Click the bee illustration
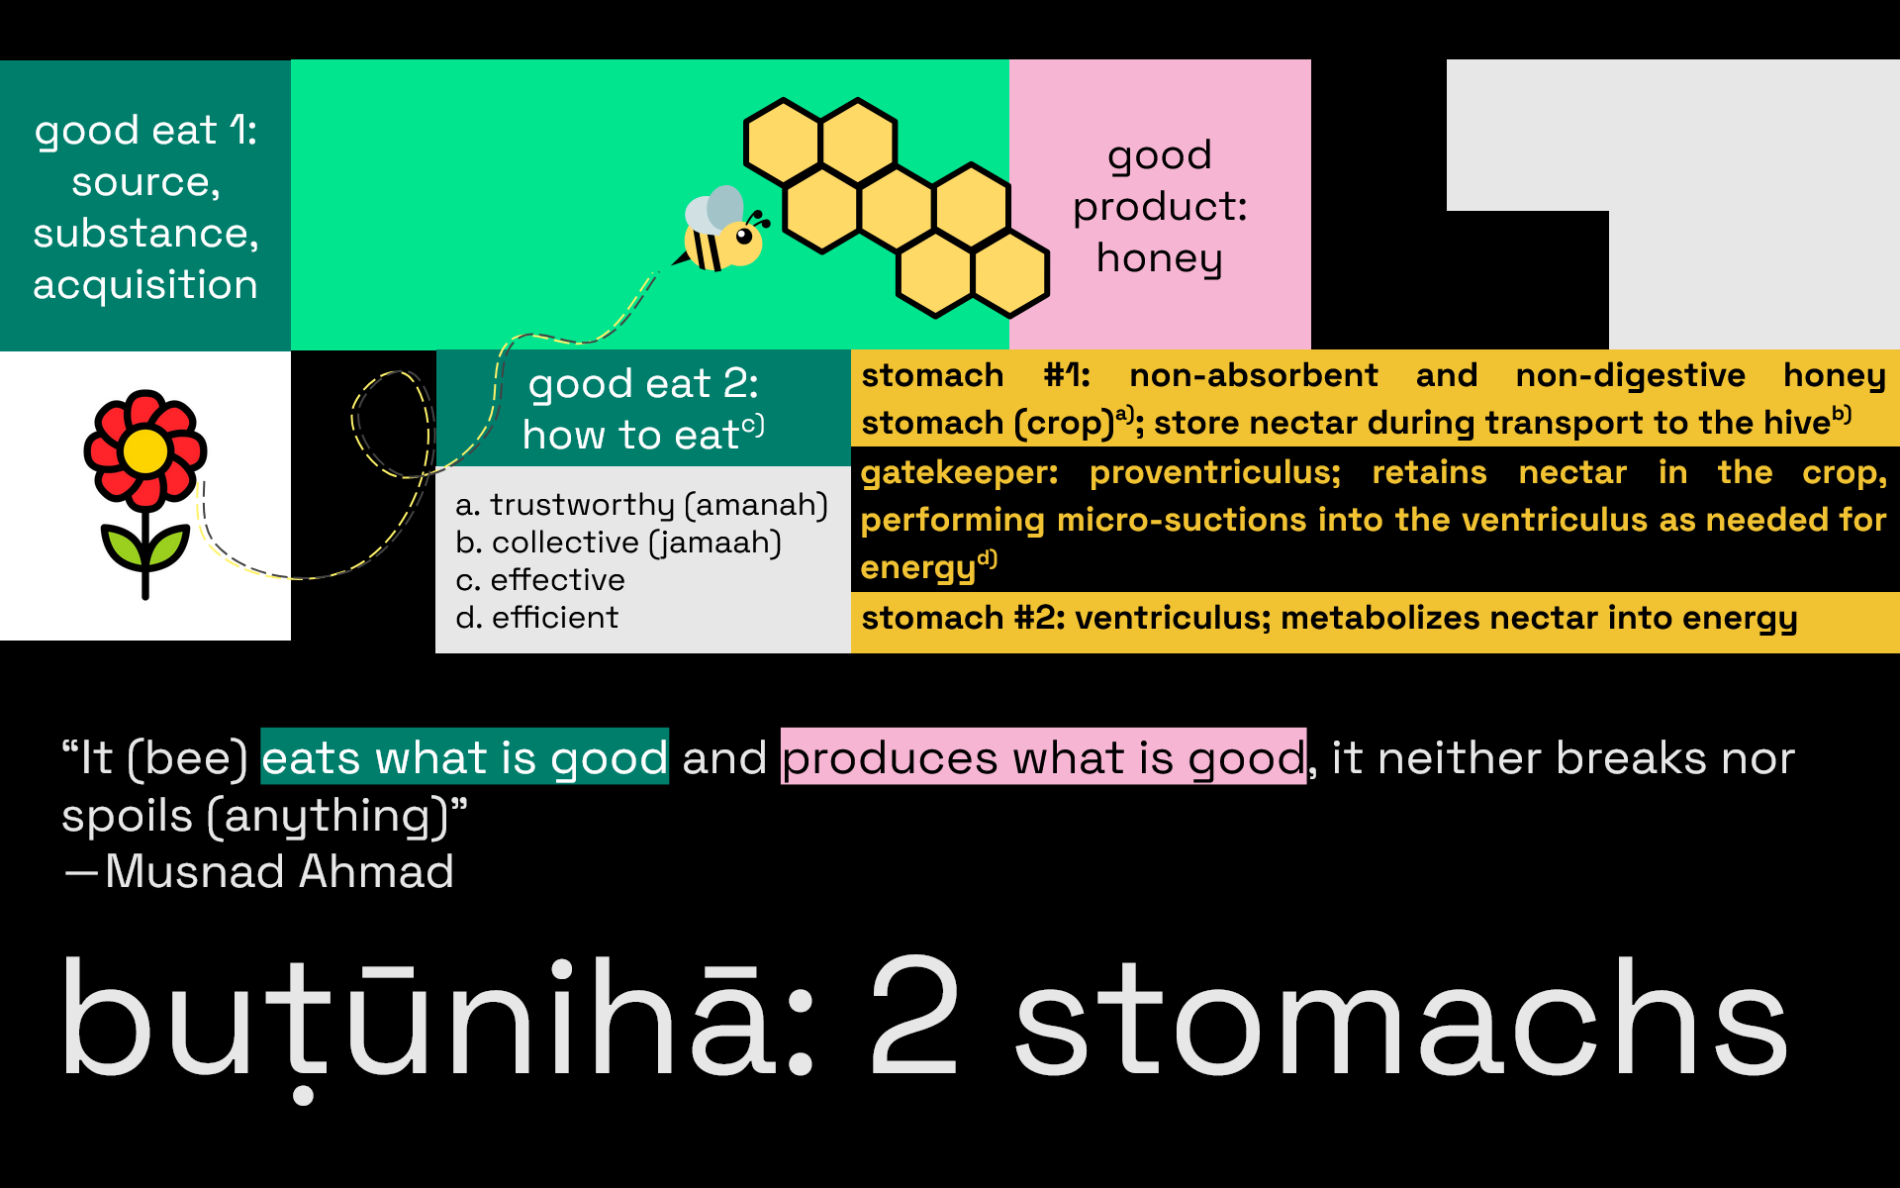721,230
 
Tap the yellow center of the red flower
145,450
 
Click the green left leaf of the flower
121,547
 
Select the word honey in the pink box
1159,259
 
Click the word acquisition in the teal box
145,286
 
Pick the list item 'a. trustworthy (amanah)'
641,505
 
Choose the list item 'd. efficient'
536,618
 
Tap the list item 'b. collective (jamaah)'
618,543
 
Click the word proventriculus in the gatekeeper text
1215,473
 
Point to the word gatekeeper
959,473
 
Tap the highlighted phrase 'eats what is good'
464,757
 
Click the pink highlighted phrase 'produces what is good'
1044,757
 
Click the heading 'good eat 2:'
643,384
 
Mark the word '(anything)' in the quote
328,817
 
